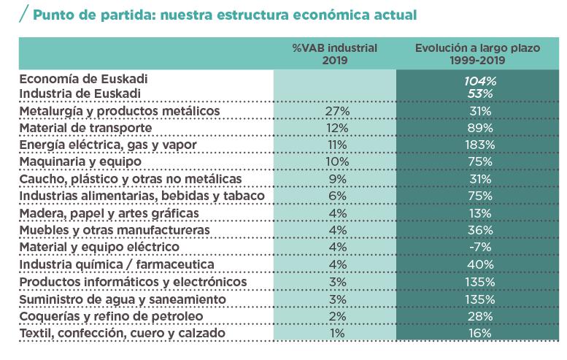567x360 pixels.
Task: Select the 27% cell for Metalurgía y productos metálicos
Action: click(x=334, y=110)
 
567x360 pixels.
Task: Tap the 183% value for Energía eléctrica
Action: click(x=478, y=145)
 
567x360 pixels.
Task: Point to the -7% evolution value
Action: click(x=478, y=247)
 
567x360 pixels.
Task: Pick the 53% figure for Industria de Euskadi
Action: click(x=478, y=93)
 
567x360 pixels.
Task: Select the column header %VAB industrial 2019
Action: click(x=334, y=53)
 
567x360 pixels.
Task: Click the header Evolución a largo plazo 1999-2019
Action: click(x=478, y=53)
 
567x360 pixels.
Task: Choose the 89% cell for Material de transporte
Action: click(x=478, y=128)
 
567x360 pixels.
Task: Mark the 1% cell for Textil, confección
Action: click(x=334, y=333)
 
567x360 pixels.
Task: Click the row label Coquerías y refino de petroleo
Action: click(x=111, y=315)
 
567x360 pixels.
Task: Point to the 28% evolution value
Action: click(x=478, y=315)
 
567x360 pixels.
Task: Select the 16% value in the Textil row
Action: click(x=478, y=333)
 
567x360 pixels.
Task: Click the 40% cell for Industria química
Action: click(x=478, y=264)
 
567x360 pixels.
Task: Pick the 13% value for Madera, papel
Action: click(x=478, y=212)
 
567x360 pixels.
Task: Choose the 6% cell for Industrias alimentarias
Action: click(x=334, y=196)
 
